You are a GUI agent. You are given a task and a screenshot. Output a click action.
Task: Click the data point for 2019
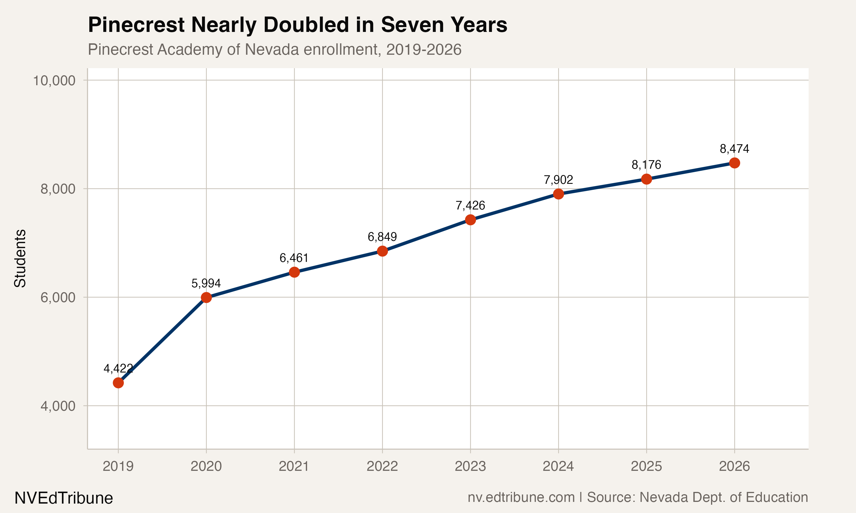coord(118,383)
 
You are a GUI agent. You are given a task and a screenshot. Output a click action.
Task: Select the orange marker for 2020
coord(206,297)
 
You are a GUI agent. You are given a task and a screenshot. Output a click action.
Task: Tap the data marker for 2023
coord(470,219)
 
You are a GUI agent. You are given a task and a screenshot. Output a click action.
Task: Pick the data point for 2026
coord(734,163)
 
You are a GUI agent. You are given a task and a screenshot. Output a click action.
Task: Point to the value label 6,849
coord(382,237)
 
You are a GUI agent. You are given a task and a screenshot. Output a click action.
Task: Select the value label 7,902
coord(558,180)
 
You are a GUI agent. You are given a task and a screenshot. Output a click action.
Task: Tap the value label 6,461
coord(294,258)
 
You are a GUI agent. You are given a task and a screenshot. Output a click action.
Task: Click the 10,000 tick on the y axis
coord(54,81)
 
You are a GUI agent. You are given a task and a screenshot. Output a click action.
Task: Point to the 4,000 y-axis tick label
coord(58,406)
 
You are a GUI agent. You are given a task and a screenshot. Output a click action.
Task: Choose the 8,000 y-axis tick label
coord(58,189)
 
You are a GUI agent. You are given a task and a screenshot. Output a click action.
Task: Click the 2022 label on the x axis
coord(382,466)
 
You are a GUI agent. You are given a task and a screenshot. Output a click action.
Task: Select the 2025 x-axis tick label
coord(646,466)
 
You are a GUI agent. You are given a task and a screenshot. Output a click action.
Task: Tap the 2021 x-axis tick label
coord(294,466)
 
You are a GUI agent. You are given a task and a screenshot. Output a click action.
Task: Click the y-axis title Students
coord(20,258)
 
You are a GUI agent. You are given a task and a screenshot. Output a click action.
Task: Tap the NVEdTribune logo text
coord(64,498)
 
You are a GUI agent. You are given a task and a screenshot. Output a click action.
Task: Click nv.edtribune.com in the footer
coord(521,497)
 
